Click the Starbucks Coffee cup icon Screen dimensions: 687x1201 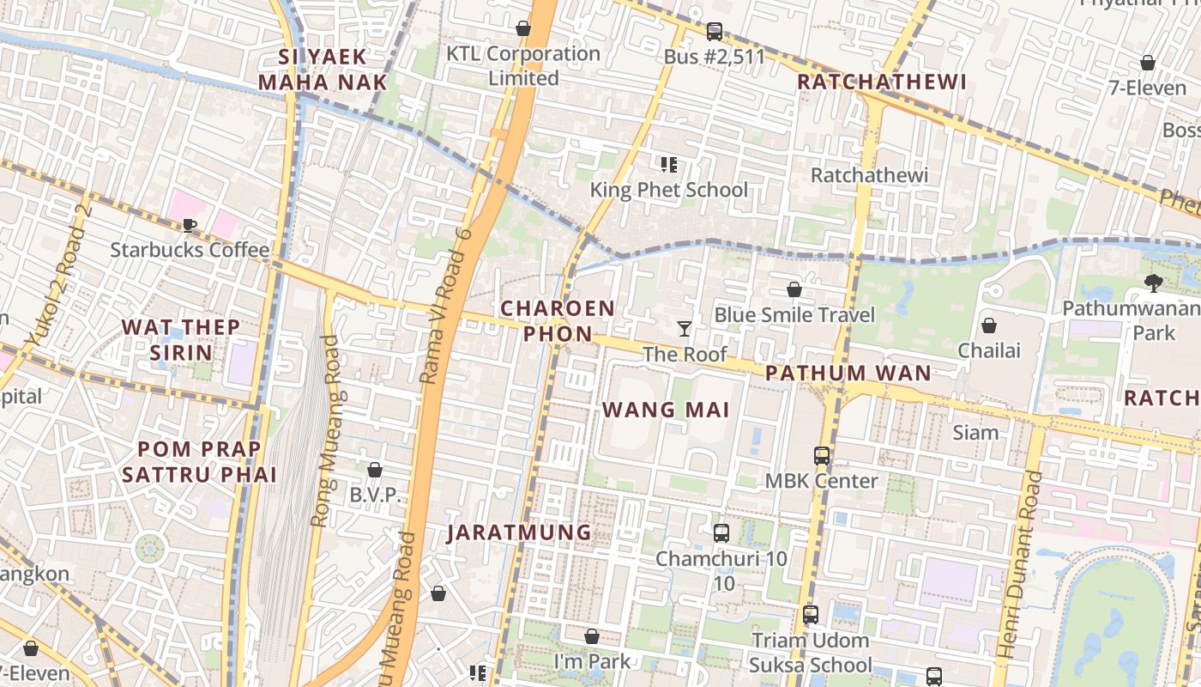click(x=190, y=226)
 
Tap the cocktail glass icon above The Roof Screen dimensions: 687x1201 click(x=685, y=329)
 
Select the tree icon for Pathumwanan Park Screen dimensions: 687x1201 click(x=1154, y=283)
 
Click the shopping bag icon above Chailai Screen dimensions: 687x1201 click(x=989, y=325)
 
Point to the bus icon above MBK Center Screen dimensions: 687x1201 click(x=822, y=456)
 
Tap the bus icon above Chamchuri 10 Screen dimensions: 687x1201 click(x=721, y=533)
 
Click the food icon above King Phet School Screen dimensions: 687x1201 click(x=669, y=164)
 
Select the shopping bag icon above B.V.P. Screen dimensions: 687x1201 click(x=375, y=470)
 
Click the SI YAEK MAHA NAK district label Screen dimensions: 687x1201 click(x=323, y=70)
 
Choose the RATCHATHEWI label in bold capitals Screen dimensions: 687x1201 click(x=882, y=82)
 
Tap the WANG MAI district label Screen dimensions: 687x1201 click(x=666, y=410)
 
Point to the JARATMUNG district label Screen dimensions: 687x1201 click(x=520, y=532)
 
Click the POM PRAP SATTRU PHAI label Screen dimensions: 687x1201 click(x=199, y=461)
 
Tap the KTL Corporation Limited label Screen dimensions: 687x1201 click(x=523, y=65)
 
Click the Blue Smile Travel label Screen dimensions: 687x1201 click(x=794, y=314)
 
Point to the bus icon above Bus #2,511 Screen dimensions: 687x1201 click(x=714, y=32)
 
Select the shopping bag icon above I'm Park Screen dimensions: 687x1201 click(x=592, y=636)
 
